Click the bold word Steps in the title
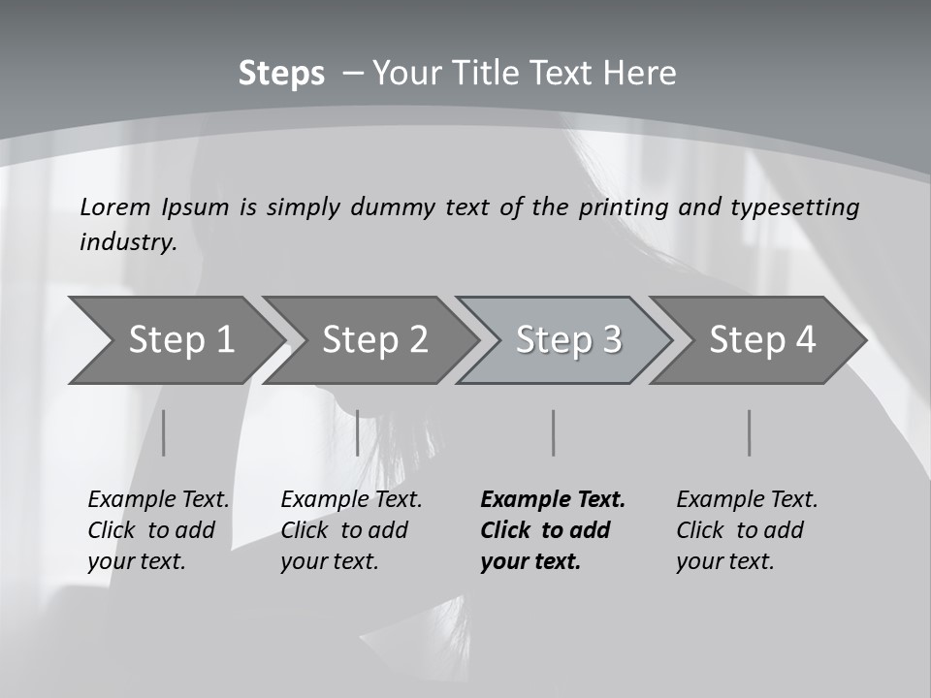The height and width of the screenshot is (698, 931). click(x=281, y=74)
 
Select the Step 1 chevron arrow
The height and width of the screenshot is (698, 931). click(x=180, y=340)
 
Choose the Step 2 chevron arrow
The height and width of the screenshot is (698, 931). click(x=374, y=340)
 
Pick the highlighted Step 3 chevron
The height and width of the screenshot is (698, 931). click(x=568, y=340)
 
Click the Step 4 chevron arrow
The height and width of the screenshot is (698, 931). click(x=762, y=340)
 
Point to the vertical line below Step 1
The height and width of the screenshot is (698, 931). click(x=164, y=432)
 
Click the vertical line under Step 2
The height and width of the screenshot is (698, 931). click(x=358, y=432)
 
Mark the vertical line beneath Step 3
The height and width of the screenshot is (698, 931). click(x=554, y=432)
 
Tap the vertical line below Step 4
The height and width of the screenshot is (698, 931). click(x=750, y=432)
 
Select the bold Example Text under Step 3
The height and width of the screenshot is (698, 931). click(x=553, y=500)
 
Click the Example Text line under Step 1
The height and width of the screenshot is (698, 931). click(x=158, y=500)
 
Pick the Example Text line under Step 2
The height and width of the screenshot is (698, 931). click(x=351, y=500)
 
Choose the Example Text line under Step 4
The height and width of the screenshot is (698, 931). click(x=747, y=500)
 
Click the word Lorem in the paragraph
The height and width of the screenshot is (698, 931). click(x=114, y=207)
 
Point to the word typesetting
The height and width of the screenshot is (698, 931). click(x=794, y=207)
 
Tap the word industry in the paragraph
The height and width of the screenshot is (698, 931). click(x=127, y=242)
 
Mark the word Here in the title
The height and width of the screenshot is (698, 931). click(x=639, y=74)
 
